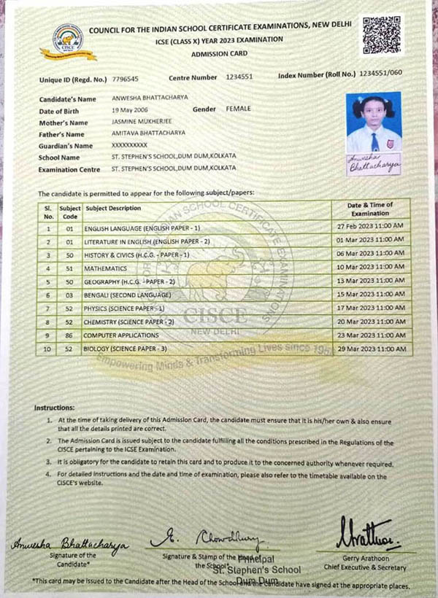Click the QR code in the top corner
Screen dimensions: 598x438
pos(381,35)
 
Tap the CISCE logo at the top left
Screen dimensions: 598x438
pos(67,41)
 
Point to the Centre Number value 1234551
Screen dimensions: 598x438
pos(239,77)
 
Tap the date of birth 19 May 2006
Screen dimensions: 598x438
pos(131,110)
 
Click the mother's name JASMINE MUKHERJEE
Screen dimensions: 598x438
pos(139,123)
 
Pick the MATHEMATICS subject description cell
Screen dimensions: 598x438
pos(109,268)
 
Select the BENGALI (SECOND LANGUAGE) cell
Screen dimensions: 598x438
pos(128,295)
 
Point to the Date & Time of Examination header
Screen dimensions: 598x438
pos(370,209)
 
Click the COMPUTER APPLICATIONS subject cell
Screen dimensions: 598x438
pos(120,335)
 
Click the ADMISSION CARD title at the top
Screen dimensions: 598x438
pos(219,54)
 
